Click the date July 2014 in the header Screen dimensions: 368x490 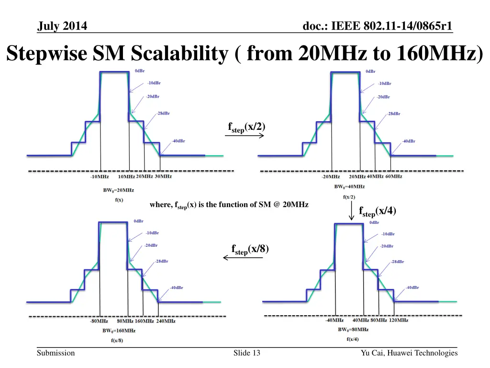pyautogui.click(x=62, y=26)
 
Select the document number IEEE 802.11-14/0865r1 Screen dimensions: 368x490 pyautogui.click(x=378, y=26)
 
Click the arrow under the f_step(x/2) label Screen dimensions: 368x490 pyautogui.click(x=245, y=136)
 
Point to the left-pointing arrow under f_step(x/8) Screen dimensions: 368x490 pyautogui.click(x=243, y=258)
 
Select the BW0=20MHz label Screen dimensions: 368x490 pyautogui.click(x=115, y=190)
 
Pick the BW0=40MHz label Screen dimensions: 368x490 pyautogui.click(x=349, y=186)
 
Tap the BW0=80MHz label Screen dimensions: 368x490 pyautogui.click(x=353, y=330)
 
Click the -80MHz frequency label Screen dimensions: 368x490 pyautogui.click(x=99, y=321)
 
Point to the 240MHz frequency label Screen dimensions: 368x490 pyautogui.click(x=166, y=321)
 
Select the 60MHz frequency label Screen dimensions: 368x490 pyautogui.click(x=394, y=176)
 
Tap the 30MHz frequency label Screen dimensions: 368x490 pyautogui.click(x=163, y=176)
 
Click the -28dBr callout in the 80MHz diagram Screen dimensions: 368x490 pyautogui.click(x=397, y=262)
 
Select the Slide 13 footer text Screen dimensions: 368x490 pyautogui.click(x=247, y=353)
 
